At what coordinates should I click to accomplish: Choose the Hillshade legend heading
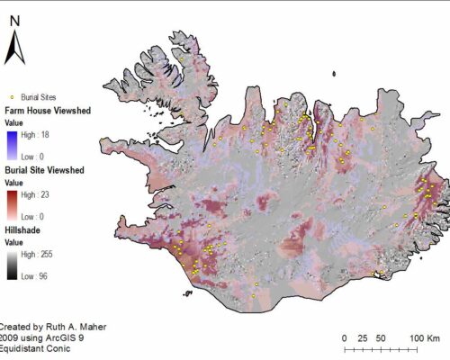pyautogui.click(x=26, y=229)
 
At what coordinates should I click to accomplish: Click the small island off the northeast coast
pyautogui.click(x=333, y=75)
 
